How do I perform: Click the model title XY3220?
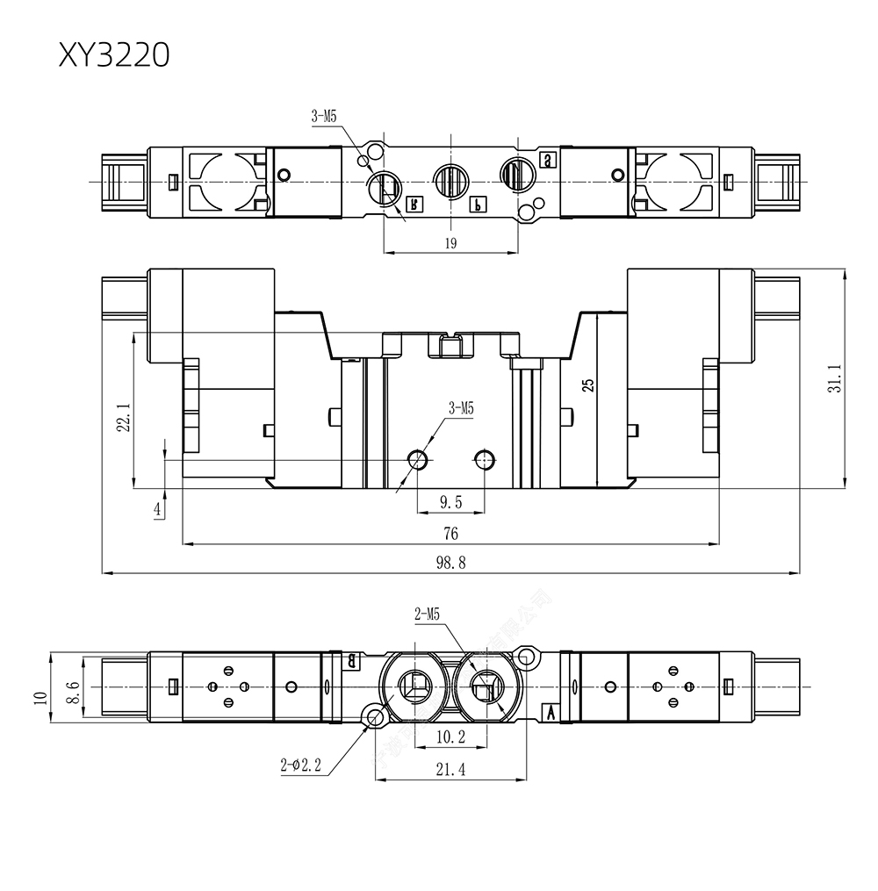coord(114,54)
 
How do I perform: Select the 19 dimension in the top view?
coord(450,244)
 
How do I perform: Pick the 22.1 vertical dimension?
coord(124,417)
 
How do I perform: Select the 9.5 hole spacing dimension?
coord(450,502)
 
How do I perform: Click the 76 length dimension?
coord(450,534)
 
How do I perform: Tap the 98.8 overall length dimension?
coord(450,564)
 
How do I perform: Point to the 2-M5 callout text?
coord(427,615)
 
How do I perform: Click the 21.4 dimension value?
coord(450,770)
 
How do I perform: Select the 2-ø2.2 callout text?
coord(301,765)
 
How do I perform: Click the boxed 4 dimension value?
coord(158,509)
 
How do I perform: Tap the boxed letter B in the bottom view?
coord(352,659)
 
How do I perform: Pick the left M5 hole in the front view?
coord(419,459)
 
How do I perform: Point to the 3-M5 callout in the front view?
coord(461,407)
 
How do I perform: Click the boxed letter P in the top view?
coord(477,204)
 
